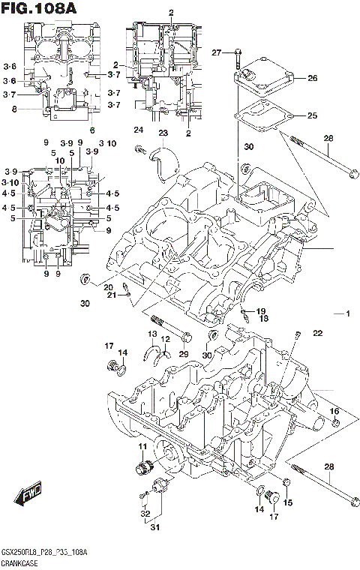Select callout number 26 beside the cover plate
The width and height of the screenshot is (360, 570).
312,78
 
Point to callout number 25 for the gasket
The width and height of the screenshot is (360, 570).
312,115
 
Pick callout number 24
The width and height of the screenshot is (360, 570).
138,130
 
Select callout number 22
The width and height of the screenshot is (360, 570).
317,333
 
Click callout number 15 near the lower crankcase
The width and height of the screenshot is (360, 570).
287,502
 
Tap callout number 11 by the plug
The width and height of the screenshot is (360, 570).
141,448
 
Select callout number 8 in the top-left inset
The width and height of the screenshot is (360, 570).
13,109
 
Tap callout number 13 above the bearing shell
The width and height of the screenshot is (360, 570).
152,334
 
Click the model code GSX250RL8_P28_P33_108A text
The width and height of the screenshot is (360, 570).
43,553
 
